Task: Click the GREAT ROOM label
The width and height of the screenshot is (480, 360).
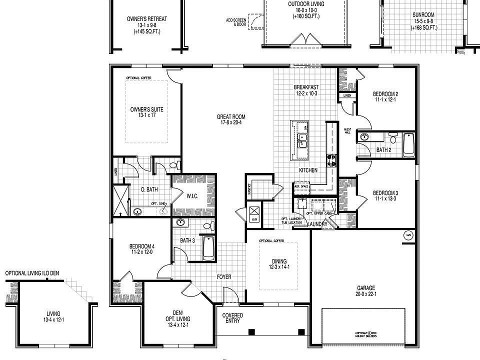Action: [231, 117]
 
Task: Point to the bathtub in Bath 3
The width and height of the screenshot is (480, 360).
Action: [208, 247]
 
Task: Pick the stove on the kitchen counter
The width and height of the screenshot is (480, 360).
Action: [331, 159]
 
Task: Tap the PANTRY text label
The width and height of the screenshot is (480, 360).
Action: [248, 188]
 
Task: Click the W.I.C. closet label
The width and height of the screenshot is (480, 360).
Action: [192, 196]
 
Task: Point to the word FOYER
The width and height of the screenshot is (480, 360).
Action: [224, 276]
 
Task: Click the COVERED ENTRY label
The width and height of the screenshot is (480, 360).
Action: [233, 318]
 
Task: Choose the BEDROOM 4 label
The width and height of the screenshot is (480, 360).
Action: [142, 246]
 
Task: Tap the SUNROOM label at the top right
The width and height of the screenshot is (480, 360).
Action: [423, 15]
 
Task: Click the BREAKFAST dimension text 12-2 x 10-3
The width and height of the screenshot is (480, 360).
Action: [306, 93]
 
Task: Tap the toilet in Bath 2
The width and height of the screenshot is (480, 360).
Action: [392, 138]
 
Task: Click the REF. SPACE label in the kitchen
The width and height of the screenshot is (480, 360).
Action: [301, 186]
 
